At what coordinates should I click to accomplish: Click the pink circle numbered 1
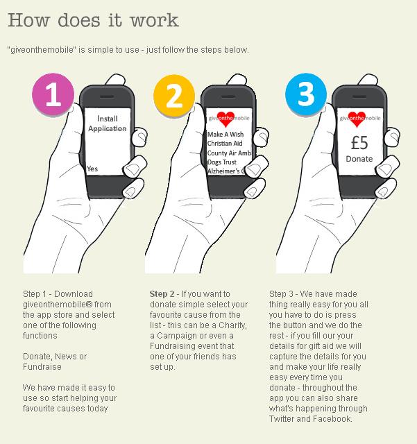coord(53,94)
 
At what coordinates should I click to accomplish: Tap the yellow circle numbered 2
coord(174,96)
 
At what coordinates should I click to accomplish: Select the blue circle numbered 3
coord(306,94)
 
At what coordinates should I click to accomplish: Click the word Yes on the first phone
coord(92,169)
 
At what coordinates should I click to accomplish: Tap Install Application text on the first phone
coord(107,123)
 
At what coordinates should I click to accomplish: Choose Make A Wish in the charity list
coord(225,134)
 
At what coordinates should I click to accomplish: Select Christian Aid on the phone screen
coord(225,144)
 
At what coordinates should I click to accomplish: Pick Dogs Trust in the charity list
coord(221,162)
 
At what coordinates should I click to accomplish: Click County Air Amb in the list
coord(229,153)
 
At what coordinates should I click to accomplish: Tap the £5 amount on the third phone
coord(359,143)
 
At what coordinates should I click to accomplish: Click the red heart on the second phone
coord(225,119)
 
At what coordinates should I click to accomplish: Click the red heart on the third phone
coord(357,119)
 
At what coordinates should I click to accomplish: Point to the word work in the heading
coord(155,20)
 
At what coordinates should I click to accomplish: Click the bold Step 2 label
coord(162,294)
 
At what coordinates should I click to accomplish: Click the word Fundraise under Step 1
coord(42,367)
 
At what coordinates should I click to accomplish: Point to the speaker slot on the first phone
coord(107,96)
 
